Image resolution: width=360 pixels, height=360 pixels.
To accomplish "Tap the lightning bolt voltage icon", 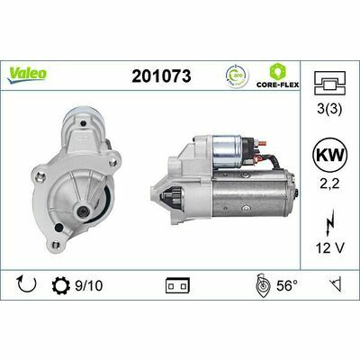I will pos(330,220).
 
